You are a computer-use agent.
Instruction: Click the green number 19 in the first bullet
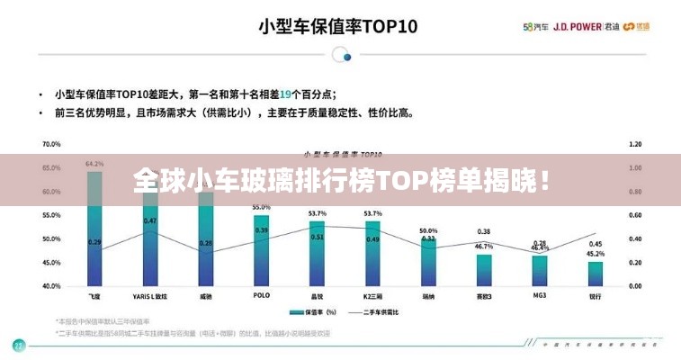point(285,94)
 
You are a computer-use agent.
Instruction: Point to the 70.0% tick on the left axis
point(51,144)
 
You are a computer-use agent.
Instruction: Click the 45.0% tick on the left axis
point(51,263)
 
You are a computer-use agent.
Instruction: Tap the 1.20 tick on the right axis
point(634,144)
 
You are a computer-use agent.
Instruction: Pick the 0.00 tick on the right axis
point(634,286)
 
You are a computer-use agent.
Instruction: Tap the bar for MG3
point(539,270)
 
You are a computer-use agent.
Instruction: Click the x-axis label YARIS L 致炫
point(149,296)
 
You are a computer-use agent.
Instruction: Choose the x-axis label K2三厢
point(372,296)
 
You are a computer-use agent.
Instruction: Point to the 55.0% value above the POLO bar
point(261,207)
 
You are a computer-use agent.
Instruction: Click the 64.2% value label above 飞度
point(94,165)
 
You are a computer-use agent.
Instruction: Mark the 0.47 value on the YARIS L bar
point(150,221)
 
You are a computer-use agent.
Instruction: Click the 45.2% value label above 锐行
point(595,254)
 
